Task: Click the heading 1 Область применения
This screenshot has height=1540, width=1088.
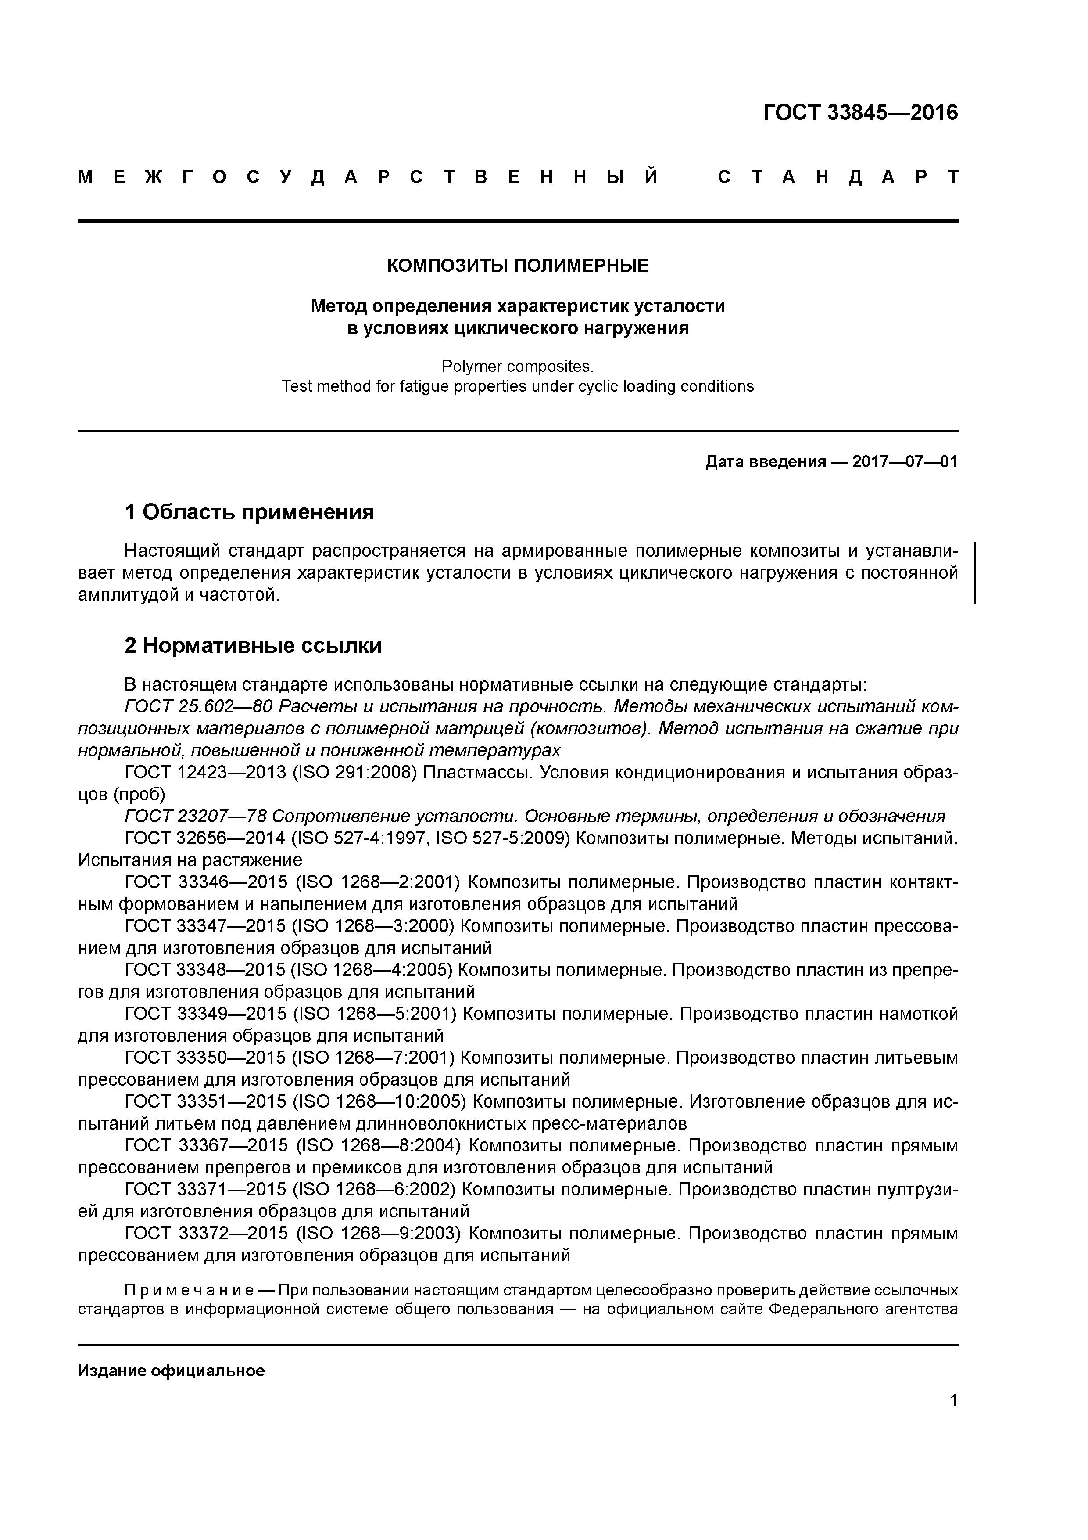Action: tap(249, 512)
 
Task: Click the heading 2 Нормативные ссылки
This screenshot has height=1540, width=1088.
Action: tap(254, 645)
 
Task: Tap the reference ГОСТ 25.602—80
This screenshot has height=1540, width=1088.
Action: tap(198, 707)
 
